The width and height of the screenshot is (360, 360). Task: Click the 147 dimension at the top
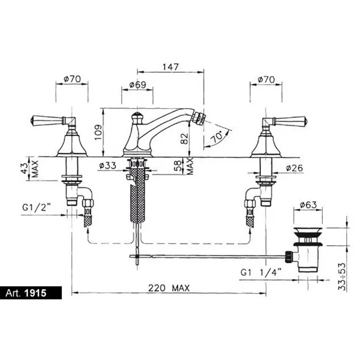tap(170, 67)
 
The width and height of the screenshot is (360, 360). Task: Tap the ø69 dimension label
tap(137, 85)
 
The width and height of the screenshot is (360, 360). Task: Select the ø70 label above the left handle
tap(73, 79)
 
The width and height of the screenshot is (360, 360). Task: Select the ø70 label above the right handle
tap(266, 80)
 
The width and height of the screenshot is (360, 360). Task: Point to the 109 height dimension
tap(98, 132)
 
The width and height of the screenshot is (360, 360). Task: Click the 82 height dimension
tap(184, 138)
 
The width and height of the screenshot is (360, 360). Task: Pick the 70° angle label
tap(217, 137)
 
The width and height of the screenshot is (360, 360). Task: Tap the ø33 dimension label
tap(107, 165)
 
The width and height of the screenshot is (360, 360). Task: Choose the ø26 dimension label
tap(295, 168)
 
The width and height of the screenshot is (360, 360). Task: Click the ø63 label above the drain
tap(309, 205)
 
